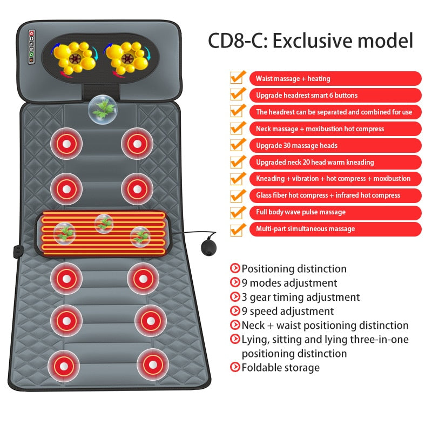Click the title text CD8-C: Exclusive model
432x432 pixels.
pos(311,40)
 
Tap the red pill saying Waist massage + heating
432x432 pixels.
pos(335,78)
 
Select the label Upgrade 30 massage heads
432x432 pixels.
pos(335,145)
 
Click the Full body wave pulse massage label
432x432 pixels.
pos(335,212)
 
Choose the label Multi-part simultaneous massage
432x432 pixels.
pos(335,229)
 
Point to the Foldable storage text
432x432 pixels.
pos(280,368)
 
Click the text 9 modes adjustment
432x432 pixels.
pos(289,283)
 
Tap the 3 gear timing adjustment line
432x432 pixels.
pos(300,297)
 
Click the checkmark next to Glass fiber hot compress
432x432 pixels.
pos(237,194)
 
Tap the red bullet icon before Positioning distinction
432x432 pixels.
pos(235,268)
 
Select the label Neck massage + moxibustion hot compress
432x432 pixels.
pos(335,129)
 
